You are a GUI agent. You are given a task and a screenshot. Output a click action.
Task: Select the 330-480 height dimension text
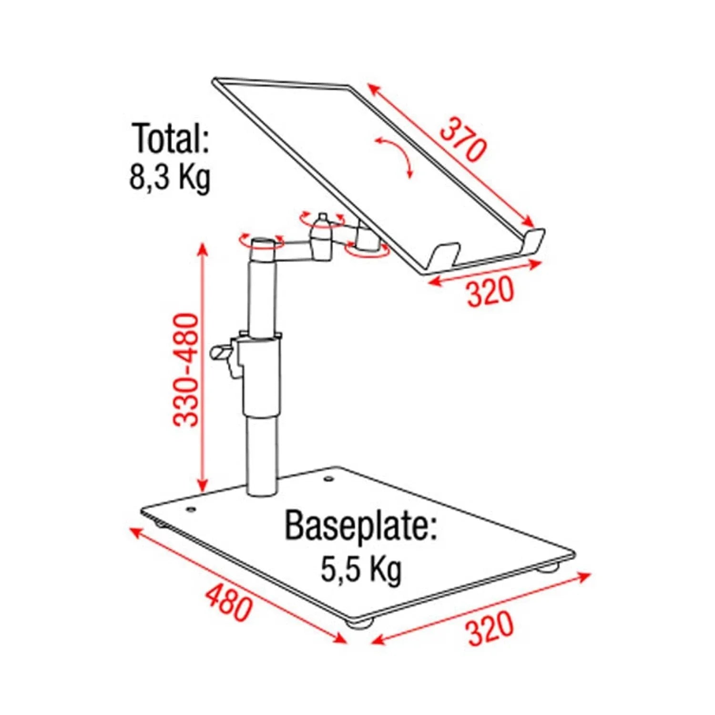point(186,369)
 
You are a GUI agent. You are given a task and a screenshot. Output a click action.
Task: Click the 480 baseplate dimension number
point(228,603)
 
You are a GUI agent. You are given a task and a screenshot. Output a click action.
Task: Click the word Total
point(171,138)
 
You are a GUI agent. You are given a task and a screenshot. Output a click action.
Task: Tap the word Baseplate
point(360,525)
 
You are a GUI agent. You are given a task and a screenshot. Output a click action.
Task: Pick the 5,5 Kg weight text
point(360,568)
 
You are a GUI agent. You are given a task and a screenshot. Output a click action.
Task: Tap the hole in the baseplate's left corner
point(191,510)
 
